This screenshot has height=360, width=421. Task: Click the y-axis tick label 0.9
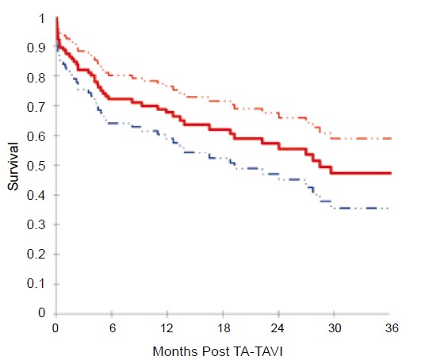click(x=36, y=48)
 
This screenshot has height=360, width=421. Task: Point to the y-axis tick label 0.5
click(x=36, y=166)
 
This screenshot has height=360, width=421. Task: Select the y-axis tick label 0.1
click(x=36, y=284)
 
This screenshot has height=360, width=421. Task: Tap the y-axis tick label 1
click(x=41, y=19)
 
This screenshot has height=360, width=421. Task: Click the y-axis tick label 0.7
click(x=36, y=107)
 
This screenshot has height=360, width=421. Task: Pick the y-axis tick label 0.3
click(x=36, y=224)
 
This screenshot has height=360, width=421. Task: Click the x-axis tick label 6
click(x=113, y=328)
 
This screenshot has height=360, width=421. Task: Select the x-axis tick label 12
click(x=166, y=328)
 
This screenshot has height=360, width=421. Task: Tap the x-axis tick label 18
click(x=224, y=328)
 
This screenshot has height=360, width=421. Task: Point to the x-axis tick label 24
click(x=277, y=328)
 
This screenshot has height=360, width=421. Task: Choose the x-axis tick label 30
click(x=335, y=328)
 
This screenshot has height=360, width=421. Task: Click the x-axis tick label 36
click(x=392, y=328)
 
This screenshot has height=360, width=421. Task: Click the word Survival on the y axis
click(x=13, y=167)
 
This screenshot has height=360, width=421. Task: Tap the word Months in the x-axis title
click(x=175, y=351)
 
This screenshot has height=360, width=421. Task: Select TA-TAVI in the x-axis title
click(x=258, y=351)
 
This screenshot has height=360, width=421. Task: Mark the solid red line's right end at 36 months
click(x=391, y=173)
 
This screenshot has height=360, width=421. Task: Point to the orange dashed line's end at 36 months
click(x=391, y=139)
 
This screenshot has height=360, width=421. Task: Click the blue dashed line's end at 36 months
click(x=388, y=209)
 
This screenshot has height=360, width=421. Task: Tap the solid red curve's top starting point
click(x=57, y=17)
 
